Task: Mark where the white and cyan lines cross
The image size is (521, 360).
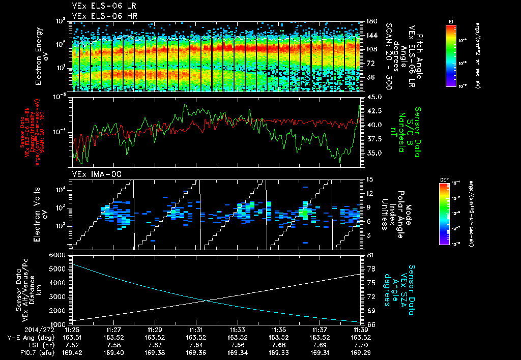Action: tap(206, 301)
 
